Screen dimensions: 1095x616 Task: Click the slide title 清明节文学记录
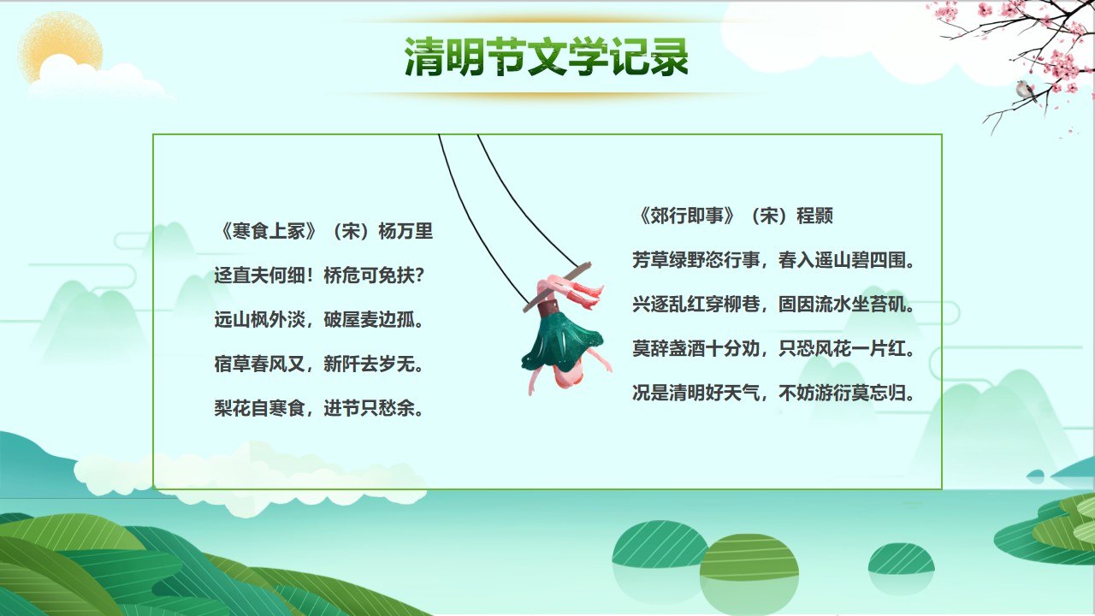pyautogui.click(x=547, y=57)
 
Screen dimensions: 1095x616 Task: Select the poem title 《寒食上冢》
pyautogui.click(x=269, y=231)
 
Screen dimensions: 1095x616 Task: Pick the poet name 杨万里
pyautogui.click(x=405, y=231)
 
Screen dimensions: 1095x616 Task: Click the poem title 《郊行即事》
pyautogui.click(x=686, y=216)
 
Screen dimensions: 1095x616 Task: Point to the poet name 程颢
pyautogui.click(x=815, y=216)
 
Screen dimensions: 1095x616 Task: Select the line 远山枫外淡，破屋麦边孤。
pyautogui.click(x=319, y=320)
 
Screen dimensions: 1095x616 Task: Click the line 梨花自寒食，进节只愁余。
pyautogui.click(x=319, y=408)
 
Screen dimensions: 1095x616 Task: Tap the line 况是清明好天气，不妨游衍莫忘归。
pyautogui.click(x=773, y=393)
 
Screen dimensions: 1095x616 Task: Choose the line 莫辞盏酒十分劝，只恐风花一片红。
pyautogui.click(x=773, y=348)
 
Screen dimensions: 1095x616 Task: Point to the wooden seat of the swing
pyautogui.click(x=557, y=287)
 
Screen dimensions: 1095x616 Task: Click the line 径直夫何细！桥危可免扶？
pyautogui.click(x=319, y=275)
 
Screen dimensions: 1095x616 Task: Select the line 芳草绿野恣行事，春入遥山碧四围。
pyautogui.click(x=773, y=260)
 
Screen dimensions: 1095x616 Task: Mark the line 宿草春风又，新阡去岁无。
pyautogui.click(x=319, y=364)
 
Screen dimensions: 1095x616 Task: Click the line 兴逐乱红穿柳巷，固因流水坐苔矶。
pyautogui.click(x=773, y=304)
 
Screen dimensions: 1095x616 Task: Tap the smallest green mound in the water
pyautogui.click(x=901, y=559)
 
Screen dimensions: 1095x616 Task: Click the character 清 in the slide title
pyautogui.click(x=423, y=57)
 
